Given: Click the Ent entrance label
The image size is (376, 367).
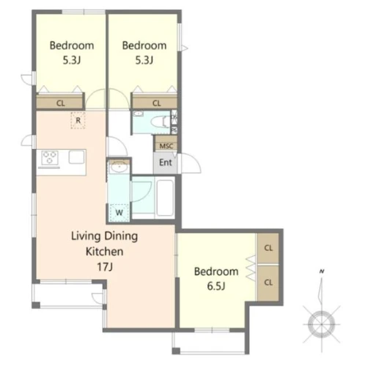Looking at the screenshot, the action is coord(166,162).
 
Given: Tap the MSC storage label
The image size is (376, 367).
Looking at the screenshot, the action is coord(166,146).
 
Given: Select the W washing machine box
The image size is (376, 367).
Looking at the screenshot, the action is coord(119,212).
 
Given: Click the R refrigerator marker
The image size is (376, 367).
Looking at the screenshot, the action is coord(78,120).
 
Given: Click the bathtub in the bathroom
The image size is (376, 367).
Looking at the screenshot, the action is coord(165,197).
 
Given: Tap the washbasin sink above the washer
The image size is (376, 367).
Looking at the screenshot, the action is coord(119,167).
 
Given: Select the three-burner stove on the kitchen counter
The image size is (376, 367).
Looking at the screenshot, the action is coord(50,158).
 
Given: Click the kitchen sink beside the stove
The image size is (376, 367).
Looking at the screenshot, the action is coord(77,157).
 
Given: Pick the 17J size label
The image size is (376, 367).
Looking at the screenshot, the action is coord(105,266).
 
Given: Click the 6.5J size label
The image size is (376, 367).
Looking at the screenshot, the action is coord(216,286).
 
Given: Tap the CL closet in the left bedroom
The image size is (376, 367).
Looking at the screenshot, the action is coord(60,102).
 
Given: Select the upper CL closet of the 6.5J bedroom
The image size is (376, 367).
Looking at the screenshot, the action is coord(268,248).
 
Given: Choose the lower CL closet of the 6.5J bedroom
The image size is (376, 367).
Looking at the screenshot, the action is coord(268,283).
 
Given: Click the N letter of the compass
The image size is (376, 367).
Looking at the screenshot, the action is coord(322,271).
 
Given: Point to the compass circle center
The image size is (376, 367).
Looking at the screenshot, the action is coord(322,324).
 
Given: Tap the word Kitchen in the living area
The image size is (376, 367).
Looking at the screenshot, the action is coord(105,252).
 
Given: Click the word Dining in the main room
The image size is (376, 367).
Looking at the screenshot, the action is coord(121,237).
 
